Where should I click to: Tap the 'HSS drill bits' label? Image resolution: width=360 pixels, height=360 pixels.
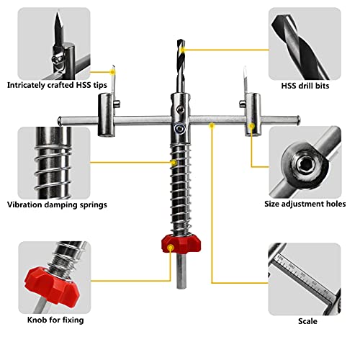(x=305, y=84)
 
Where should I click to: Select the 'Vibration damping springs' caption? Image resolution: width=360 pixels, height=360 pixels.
(x=58, y=204)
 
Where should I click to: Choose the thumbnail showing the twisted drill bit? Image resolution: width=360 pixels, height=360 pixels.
(x=305, y=43)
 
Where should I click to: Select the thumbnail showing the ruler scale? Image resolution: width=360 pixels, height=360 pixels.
(x=305, y=279)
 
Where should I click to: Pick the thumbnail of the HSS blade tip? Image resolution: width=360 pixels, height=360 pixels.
(x=54, y=43)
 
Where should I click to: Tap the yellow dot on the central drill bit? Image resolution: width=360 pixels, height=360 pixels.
(x=179, y=50)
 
